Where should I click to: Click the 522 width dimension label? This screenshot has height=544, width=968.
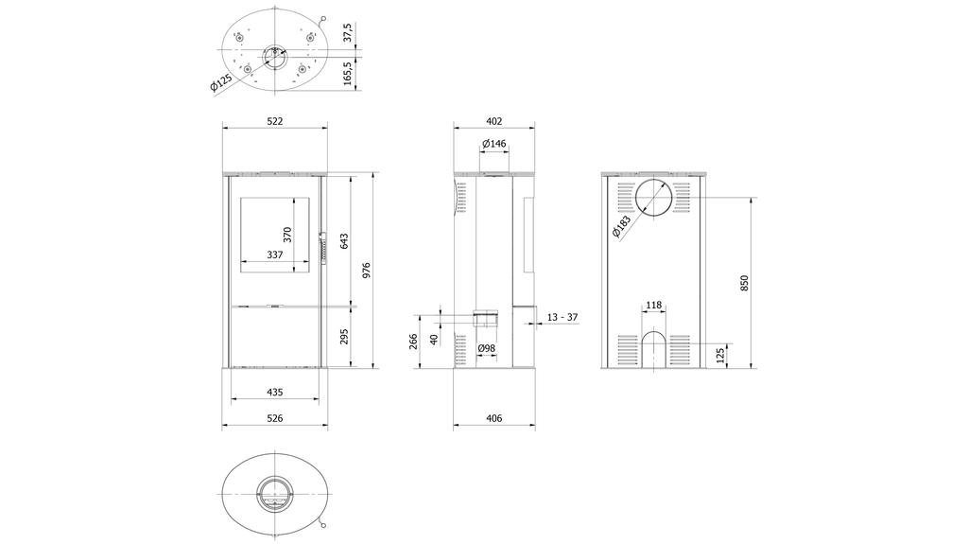(275, 121)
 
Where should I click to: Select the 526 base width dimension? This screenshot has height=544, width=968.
(275, 417)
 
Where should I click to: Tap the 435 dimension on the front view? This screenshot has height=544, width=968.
(275, 391)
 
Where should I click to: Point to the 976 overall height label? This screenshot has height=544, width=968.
(368, 271)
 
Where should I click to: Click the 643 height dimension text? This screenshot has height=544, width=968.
(345, 241)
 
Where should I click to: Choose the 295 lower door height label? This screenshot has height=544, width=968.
(345, 337)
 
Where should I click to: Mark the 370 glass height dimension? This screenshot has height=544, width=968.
(288, 234)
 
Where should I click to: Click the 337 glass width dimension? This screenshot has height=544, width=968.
(274, 254)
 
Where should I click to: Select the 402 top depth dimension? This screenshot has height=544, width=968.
(493, 121)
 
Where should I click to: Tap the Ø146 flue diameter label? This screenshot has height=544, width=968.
(494, 144)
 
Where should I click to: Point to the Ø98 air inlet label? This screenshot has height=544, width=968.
(487, 348)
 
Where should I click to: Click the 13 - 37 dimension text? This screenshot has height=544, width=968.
(562, 318)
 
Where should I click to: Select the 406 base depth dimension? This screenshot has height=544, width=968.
(493, 417)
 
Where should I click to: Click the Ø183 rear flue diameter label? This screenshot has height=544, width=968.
(622, 226)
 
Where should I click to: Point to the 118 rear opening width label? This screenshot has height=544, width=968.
(653, 306)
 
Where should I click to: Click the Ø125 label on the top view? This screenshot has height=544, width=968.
(220, 85)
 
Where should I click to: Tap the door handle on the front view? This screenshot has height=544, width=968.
(321, 249)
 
